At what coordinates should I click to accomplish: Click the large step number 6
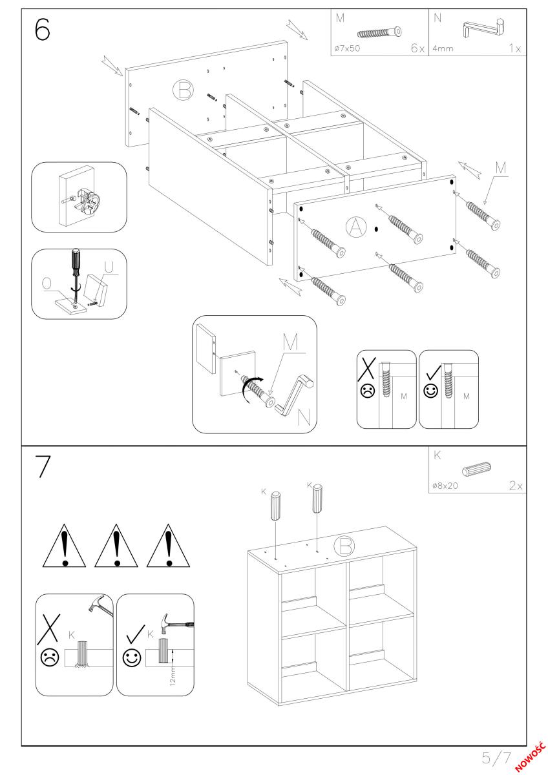click(43, 29)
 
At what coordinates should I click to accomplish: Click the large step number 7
click(43, 467)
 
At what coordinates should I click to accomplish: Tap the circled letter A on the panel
click(356, 227)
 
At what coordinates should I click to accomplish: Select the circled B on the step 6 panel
click(183, 90)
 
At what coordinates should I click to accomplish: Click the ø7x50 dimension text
click(347, 48)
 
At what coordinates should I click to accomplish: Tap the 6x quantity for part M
click(417, 48)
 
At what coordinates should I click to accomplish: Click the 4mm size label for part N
click(443, 48)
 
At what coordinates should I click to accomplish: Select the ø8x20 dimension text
click(445, 486)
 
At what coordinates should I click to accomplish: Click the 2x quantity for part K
click(516, 486)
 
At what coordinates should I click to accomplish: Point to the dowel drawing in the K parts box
click(476, 469)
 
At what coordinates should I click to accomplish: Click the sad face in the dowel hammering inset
click(50, 657)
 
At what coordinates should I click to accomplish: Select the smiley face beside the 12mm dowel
click(132, 657)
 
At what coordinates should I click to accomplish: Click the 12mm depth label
click(173, 676)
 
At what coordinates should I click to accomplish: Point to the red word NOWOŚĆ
click(531, 759)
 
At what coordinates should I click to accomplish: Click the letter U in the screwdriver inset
click(109, 266)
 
